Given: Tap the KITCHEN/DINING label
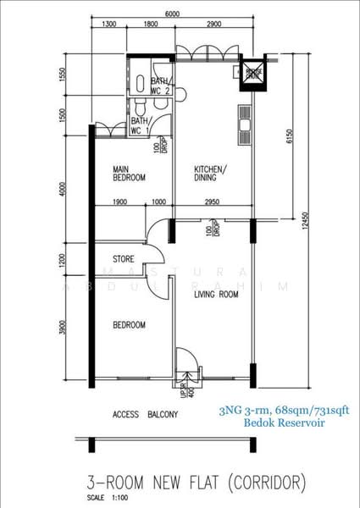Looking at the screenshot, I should click(208, 173).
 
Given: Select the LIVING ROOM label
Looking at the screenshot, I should click(203, 295).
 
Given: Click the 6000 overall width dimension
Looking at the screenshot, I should click(174, 14).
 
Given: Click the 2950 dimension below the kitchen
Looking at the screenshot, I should click(211, 202).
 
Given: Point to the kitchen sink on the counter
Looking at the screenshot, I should click(244, 128).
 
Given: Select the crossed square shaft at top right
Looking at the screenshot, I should click(252, 73).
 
